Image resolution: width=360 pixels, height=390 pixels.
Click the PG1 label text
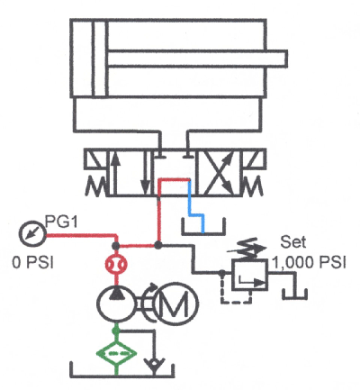pos(56,221)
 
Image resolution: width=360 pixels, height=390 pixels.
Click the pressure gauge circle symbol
pos(30,234)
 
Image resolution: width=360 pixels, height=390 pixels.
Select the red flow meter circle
pos(114,265)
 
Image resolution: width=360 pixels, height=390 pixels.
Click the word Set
pos(293,242)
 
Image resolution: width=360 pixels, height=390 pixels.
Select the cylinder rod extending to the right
pos(198,60)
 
